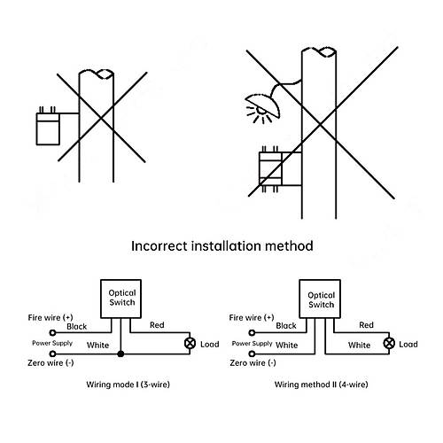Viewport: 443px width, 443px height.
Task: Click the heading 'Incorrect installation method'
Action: [222, 246]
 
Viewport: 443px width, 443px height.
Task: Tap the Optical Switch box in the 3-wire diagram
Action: [120, 299]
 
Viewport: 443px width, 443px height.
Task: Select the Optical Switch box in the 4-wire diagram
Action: [320, 299]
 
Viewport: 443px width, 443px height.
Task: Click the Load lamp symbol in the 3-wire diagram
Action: [190, 343]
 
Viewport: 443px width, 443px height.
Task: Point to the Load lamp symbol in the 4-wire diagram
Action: [389, 343]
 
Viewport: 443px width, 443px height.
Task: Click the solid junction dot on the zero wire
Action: [120, 354]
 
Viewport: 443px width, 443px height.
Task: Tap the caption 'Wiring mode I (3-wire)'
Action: [128, 385]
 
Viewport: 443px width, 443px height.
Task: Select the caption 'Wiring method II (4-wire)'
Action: [321, 385]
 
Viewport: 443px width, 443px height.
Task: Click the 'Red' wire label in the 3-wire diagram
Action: [157, 325]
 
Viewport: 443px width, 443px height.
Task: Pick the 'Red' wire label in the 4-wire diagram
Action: [366, 325]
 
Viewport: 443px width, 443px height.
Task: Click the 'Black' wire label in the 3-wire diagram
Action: [77, 326]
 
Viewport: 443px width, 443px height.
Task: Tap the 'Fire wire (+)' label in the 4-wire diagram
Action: [252, 317]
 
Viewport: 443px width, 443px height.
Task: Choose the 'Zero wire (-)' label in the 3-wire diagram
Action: [51, 362]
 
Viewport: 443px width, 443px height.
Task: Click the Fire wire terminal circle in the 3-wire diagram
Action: [52, 332]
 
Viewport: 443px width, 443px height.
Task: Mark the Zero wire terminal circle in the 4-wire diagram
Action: [252, 354]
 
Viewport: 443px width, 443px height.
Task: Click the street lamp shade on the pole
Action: [263, 103]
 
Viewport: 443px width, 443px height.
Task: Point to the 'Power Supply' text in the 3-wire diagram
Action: [52, 343]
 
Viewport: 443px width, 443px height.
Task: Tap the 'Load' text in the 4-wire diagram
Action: [408, 344]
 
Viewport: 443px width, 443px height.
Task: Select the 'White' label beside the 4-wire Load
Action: [359, 345]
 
